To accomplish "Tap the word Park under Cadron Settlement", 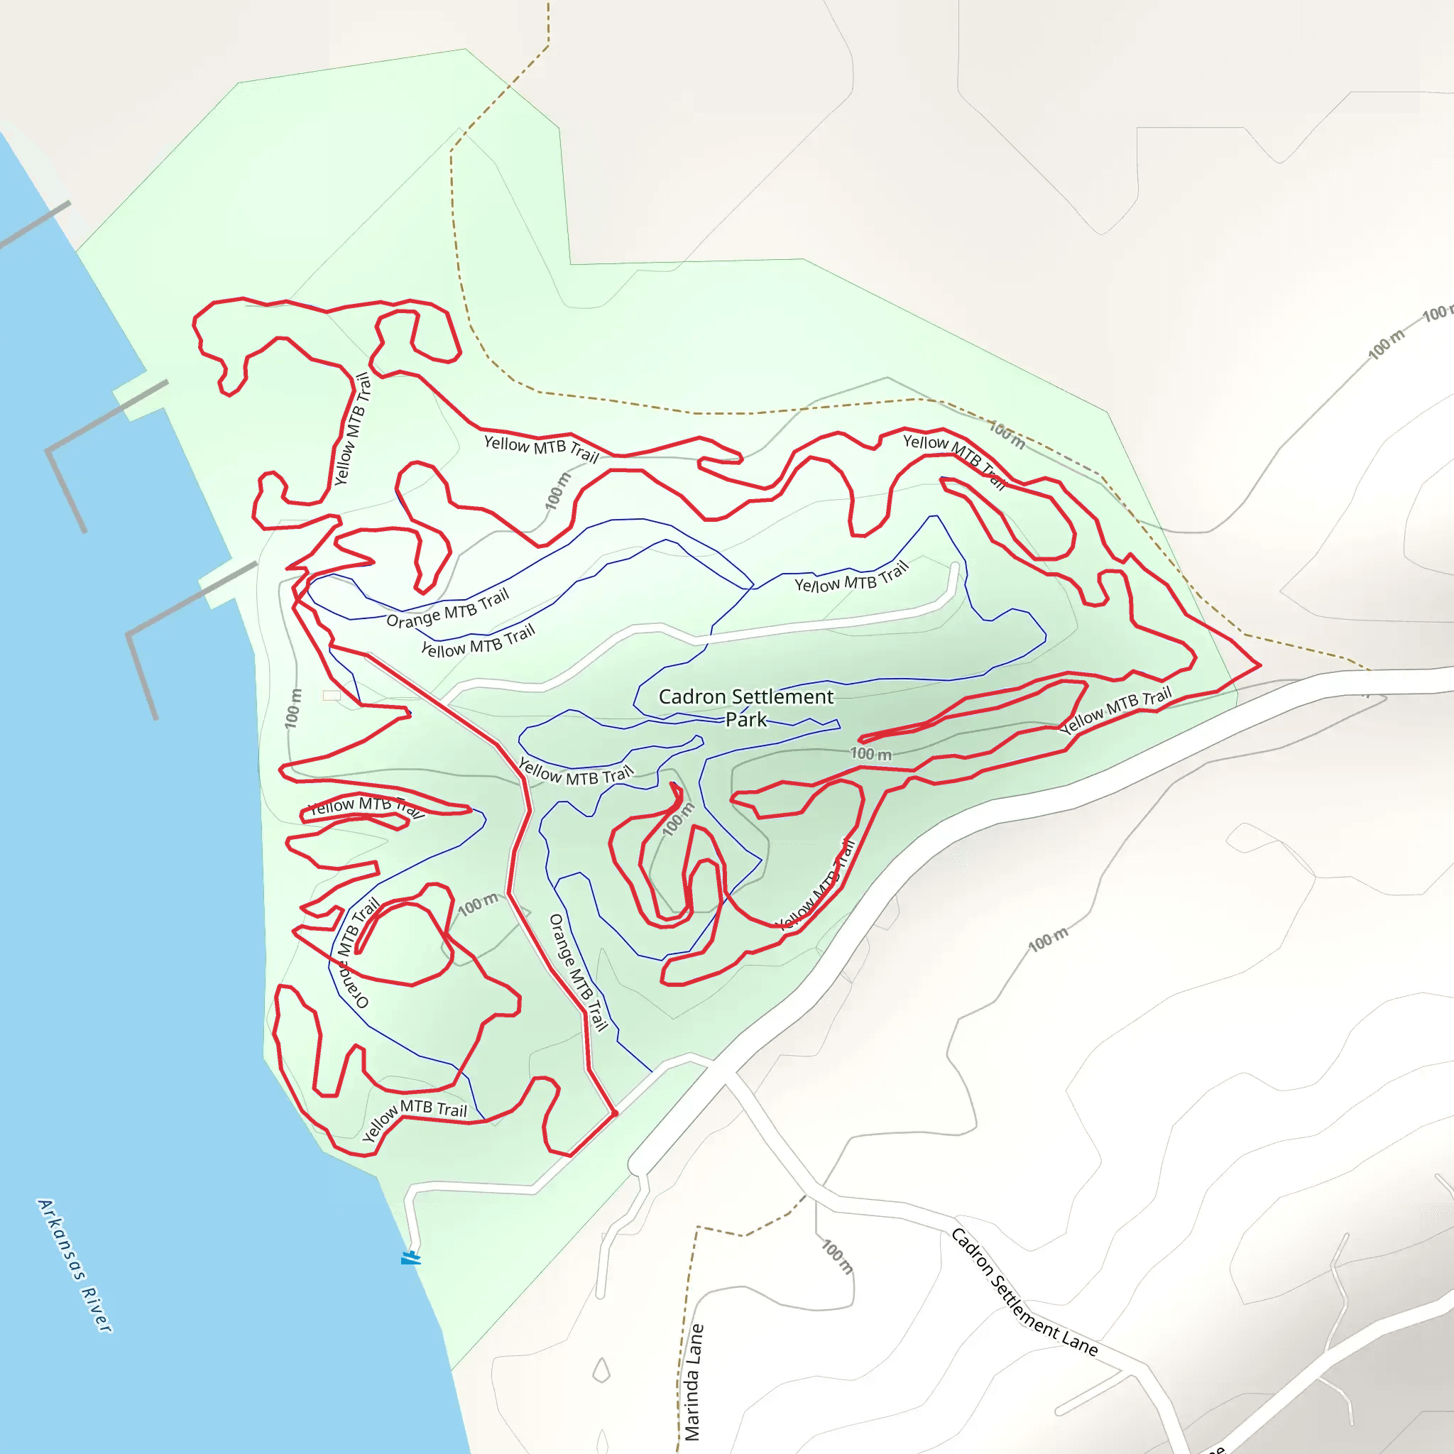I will click(x=746, y=720).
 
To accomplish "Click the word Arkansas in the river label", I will click(x=61, y=1240).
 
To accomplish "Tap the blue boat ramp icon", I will click(x=410, y=1257).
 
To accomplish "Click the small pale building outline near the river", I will click(x=332, y=695).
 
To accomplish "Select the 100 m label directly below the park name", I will click(x=870, y=753).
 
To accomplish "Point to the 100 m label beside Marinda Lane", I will click(x=838, y=1257).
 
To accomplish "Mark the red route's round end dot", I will click(x=615, y=1113).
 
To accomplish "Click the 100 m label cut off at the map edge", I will click(x=1436, y=312).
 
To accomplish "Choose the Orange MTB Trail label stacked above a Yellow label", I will click(x=448, y=609).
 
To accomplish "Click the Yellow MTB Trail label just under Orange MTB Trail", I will click(x=478, y=641).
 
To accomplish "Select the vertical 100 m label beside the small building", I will click(x=293, y=707).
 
